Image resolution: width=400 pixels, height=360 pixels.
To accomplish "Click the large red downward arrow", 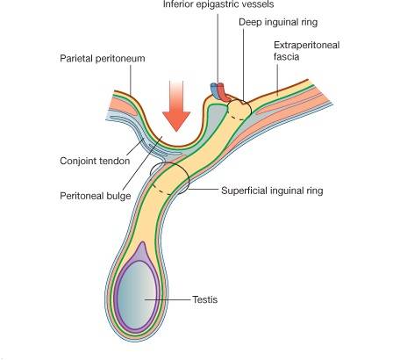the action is pos(176,107).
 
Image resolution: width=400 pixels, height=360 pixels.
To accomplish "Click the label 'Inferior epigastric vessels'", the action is pos(218,4).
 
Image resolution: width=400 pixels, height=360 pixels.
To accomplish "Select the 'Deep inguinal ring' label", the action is pos(278,22).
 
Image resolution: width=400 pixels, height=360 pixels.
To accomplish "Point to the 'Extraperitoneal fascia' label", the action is pos(306,51).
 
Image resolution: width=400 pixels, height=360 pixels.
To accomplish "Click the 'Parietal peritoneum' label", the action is pos(103,58).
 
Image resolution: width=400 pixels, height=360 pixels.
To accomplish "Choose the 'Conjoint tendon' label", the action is pos(95,161).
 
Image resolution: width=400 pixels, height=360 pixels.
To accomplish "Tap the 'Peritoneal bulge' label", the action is pos(96,196).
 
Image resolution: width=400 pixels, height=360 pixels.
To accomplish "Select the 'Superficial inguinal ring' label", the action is pos(272,191).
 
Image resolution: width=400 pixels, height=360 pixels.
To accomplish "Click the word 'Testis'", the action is pos(205,299).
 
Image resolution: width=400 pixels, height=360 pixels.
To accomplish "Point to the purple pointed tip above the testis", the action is pos(142,242).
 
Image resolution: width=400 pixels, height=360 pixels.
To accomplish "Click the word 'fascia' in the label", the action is pos(287,56).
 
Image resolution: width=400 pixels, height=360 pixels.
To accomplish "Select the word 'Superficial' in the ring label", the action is pos(244,191).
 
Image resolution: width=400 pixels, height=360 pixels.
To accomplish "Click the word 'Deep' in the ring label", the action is pos(249,22).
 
